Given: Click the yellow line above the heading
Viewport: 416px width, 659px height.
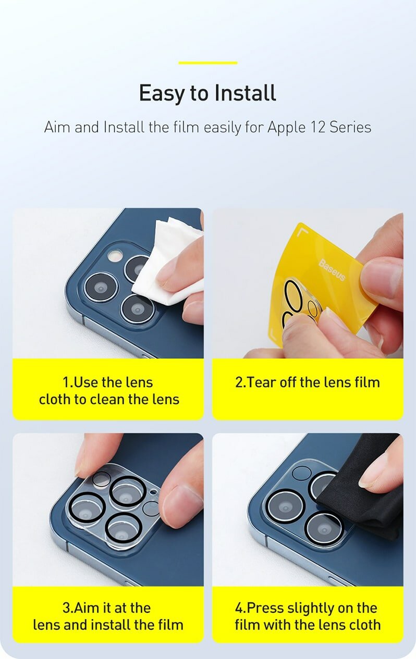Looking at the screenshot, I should [x=207, y=63].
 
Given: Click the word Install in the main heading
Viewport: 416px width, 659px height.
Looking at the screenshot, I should [x=244, y=93].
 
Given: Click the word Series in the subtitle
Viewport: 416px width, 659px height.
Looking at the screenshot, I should [x=350, y=127].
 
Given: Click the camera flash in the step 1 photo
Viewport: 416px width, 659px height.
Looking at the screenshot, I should [x=114, y=256].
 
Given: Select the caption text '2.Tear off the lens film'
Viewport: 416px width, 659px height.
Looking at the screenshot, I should [x=307, y=382].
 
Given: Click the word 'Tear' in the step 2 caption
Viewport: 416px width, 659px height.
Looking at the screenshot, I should [x=261, y=382].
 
